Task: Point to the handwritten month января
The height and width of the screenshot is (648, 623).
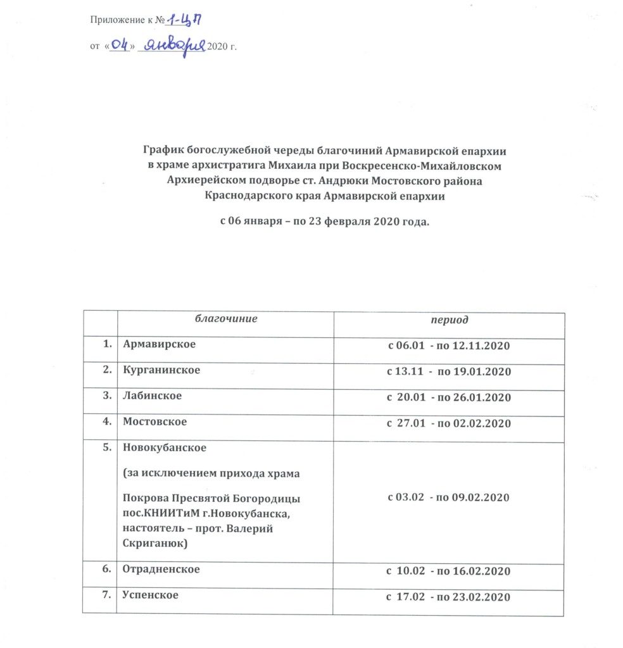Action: click(x=172, y=46)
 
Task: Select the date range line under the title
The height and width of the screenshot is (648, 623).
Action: click(x=324, y=222)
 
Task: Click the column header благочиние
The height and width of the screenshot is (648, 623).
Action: click(x=225, y=319)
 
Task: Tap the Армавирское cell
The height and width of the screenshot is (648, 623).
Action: click(x=160, y=344)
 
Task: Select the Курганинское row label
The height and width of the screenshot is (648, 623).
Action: click(x=161, y=370)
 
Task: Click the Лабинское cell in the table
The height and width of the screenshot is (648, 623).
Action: click(x=153, y=396)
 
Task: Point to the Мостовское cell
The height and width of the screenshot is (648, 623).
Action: click(x=156, y=422)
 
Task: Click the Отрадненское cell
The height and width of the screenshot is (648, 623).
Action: click(x=161, y=570)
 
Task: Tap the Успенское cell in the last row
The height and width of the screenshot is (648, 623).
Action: click(x=151, y=595)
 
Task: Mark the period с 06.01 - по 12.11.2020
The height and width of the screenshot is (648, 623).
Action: click(x=449, y=346)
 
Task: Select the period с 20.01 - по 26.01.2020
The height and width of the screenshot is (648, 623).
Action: click(x=449, y=397)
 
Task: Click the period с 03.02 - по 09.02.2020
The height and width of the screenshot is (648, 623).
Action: click(x=449, y=497)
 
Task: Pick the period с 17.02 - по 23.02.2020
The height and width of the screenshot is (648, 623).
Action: click(x=449, y=597)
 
